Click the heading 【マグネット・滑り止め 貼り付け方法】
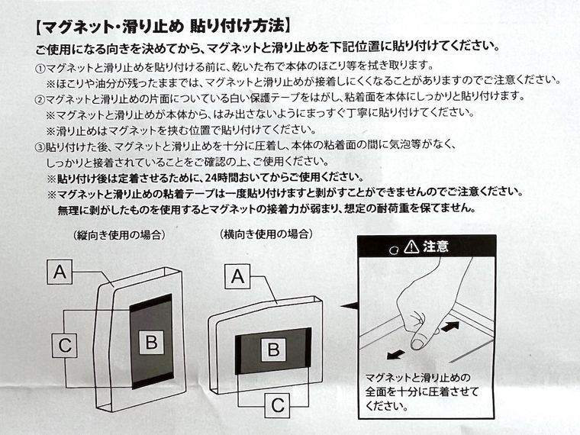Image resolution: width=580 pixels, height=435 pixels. pyautogui.click(x=161, y=28)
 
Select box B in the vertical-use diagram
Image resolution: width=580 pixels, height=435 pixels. pyautogui.click(x=151, y=343)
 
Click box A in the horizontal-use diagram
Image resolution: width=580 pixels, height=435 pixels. pyautogui.click(x=237, y=277)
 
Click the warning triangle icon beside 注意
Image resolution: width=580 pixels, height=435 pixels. pyautogui.click(x=412, y=246)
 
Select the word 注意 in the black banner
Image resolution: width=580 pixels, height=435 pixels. pyautogui.click(x=436, y=246)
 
